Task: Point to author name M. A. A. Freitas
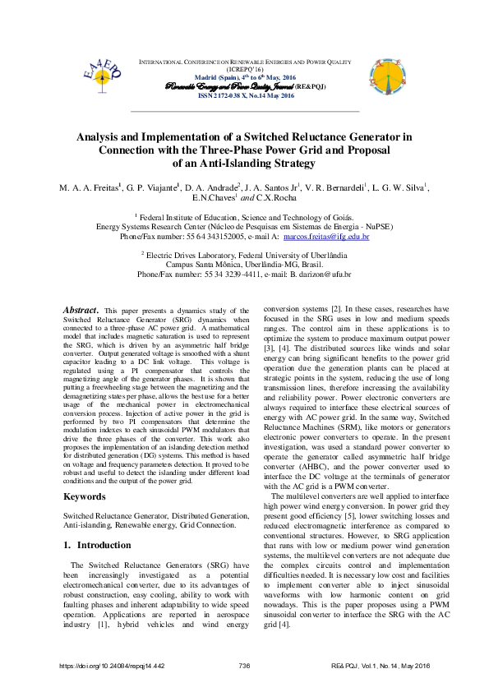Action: tap(89, 187)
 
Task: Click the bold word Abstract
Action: tap(81, 310)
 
